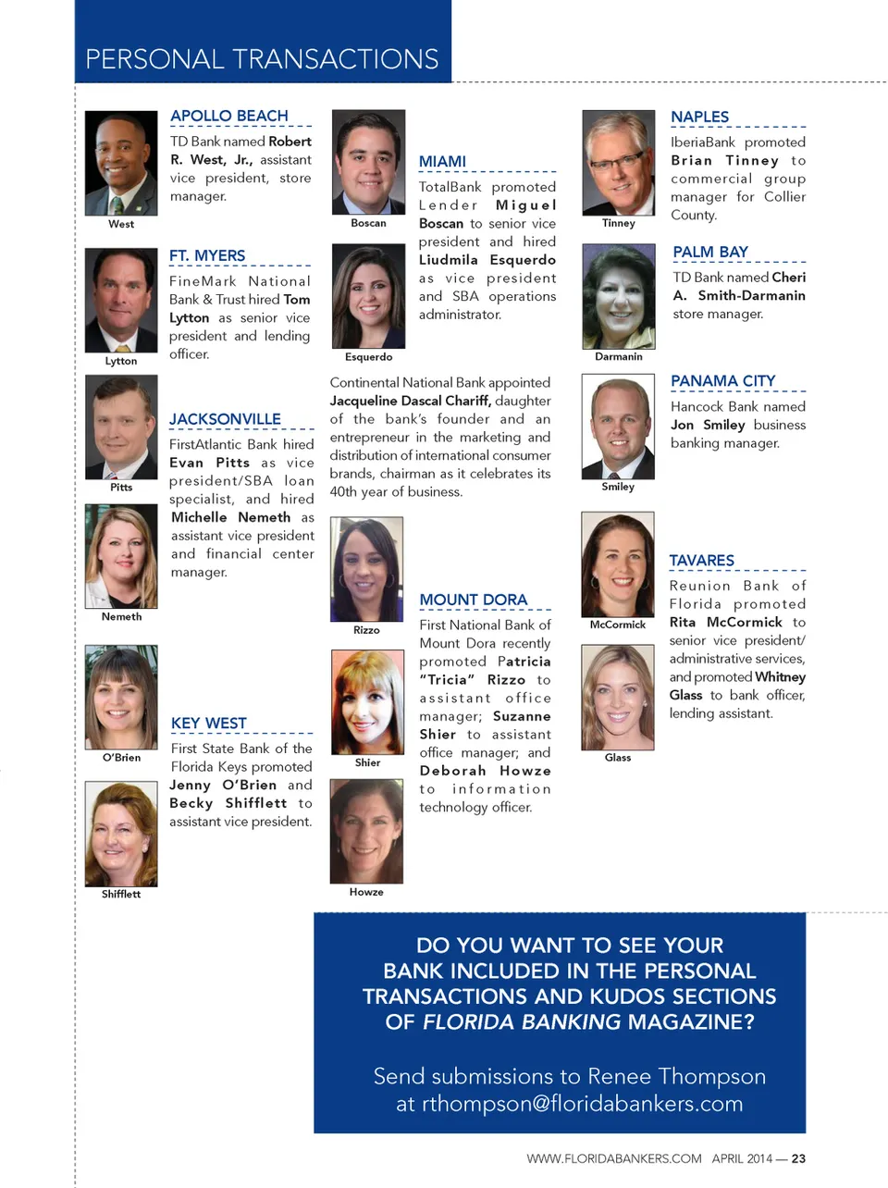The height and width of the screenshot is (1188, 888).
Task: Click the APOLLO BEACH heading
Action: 229,116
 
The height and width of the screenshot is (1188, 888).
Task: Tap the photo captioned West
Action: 121,164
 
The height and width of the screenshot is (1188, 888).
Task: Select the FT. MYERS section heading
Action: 207,255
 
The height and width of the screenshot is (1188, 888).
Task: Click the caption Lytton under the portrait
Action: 121,361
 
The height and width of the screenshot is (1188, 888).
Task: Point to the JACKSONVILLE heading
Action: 225,419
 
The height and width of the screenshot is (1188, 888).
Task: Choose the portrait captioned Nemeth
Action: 121,556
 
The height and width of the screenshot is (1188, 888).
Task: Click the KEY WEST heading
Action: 209,723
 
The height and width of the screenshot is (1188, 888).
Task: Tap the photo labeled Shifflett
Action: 121,834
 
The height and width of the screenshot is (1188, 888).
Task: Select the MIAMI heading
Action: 442,162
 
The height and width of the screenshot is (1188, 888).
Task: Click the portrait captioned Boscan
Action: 368,163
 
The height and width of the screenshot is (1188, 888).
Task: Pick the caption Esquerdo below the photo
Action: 368,356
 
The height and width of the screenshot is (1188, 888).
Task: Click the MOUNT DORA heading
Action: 473,600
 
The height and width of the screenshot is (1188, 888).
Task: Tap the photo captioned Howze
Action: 366,831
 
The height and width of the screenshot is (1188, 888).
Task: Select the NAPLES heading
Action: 699,117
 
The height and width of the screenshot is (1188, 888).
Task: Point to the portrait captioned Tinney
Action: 618,163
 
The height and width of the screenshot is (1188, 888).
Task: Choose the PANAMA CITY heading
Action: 723,380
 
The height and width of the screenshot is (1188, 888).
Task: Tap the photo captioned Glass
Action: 618,697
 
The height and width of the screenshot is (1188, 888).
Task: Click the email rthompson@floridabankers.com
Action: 582,1103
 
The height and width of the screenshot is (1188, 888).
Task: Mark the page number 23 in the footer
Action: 798,1158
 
